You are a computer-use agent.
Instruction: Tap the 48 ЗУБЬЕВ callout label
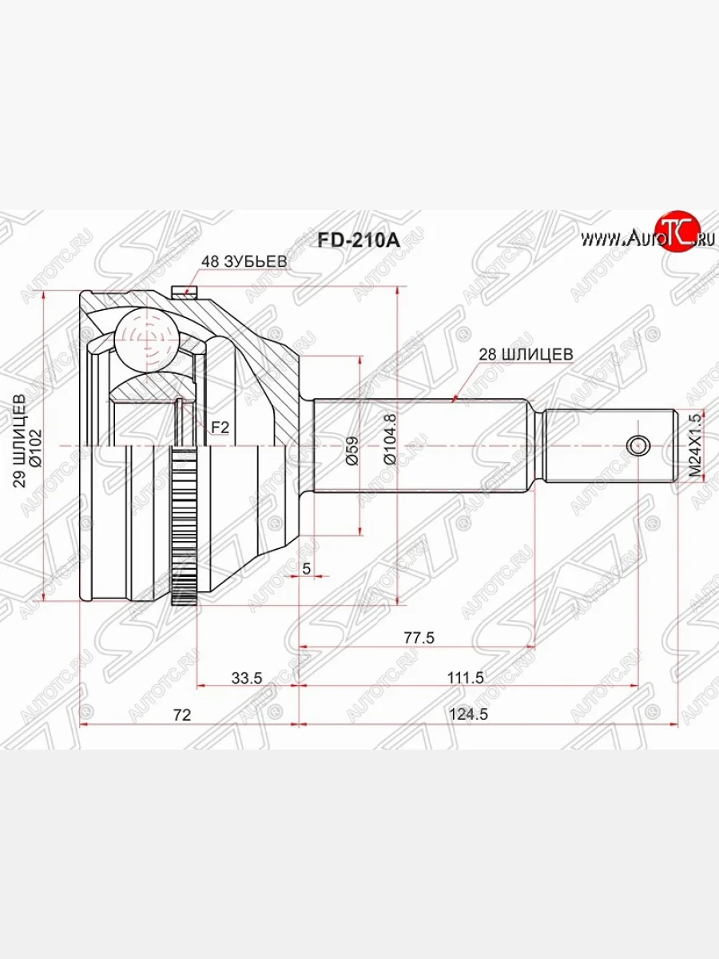click(x=243, y=261)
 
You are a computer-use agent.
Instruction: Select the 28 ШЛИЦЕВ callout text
click(x=525, y=352)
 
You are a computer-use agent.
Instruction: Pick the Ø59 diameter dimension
click(x=352, y=452)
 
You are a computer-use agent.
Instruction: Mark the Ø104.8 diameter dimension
click(x=389, y=439)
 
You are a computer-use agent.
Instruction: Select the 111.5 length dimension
click(x=468, y=677)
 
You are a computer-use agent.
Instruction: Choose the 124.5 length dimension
click(x=468, y=715)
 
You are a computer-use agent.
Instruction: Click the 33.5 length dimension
click(x=246, y=677)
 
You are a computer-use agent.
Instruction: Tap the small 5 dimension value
click(x=307, y=568)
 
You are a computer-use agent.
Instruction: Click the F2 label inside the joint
click(x=220, y=428)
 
